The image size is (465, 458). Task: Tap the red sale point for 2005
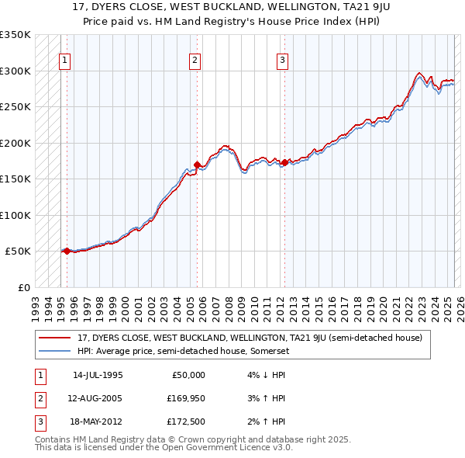click(x=197, y=165)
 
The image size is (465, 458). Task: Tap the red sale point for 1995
click(x=67, y=251)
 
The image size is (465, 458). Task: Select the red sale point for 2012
click(x=284, y=162)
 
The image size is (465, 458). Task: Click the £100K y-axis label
click(x=15, y=215)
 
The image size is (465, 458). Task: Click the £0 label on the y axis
click(x=22, y=287)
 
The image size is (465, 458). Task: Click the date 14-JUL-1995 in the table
click(x=98, y=375)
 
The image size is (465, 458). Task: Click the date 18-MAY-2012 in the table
click(x=98, y=422)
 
